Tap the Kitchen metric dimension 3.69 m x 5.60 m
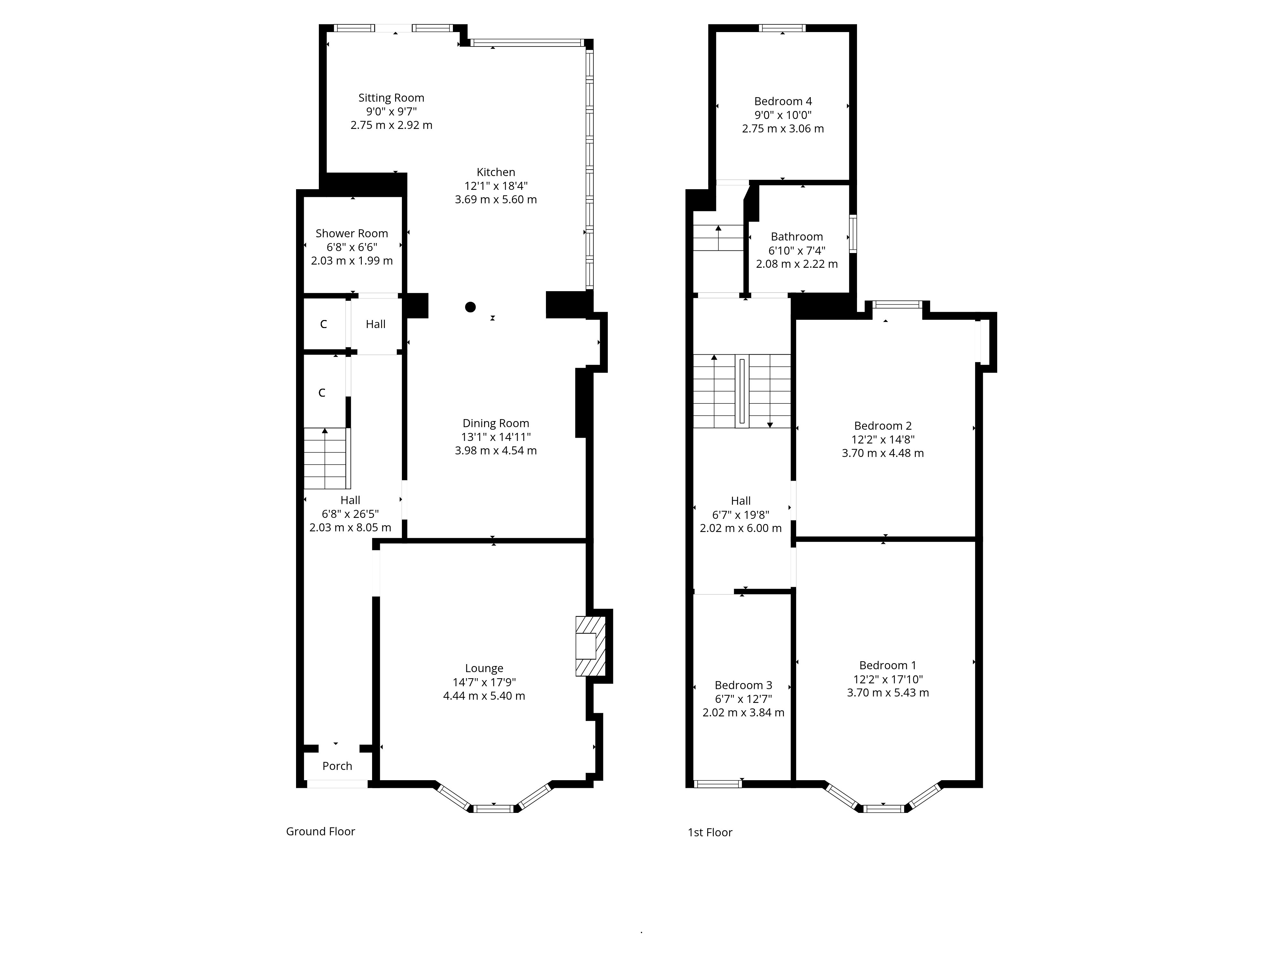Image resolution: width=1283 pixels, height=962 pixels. click(x=496, y=199)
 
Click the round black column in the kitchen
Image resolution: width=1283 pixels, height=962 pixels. click(x=471, y=307)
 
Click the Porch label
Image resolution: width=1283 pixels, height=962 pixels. click(x=337, y=766)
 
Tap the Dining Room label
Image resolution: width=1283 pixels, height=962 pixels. click(x=496, y=423)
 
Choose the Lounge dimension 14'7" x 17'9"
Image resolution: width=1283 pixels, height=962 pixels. click(x=484, y=682)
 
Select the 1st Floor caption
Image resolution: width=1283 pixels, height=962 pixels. click(x=710, y=833)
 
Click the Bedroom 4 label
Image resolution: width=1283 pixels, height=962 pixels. click(x=783, y=101)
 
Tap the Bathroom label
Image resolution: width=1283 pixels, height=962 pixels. click(x=797, y=237)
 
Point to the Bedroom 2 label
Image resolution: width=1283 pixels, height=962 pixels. click(x=883, y=426)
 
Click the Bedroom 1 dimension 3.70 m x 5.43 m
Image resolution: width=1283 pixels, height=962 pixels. click(x=888, y=692)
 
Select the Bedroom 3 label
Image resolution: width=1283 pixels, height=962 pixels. click(x=743, y=685)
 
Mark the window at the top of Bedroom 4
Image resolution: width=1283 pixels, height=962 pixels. click(x=782, y=28)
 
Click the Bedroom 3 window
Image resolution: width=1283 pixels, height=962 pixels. click(x=718, y=784)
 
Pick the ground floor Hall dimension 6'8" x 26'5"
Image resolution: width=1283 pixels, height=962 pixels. click(x=350, y=514)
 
